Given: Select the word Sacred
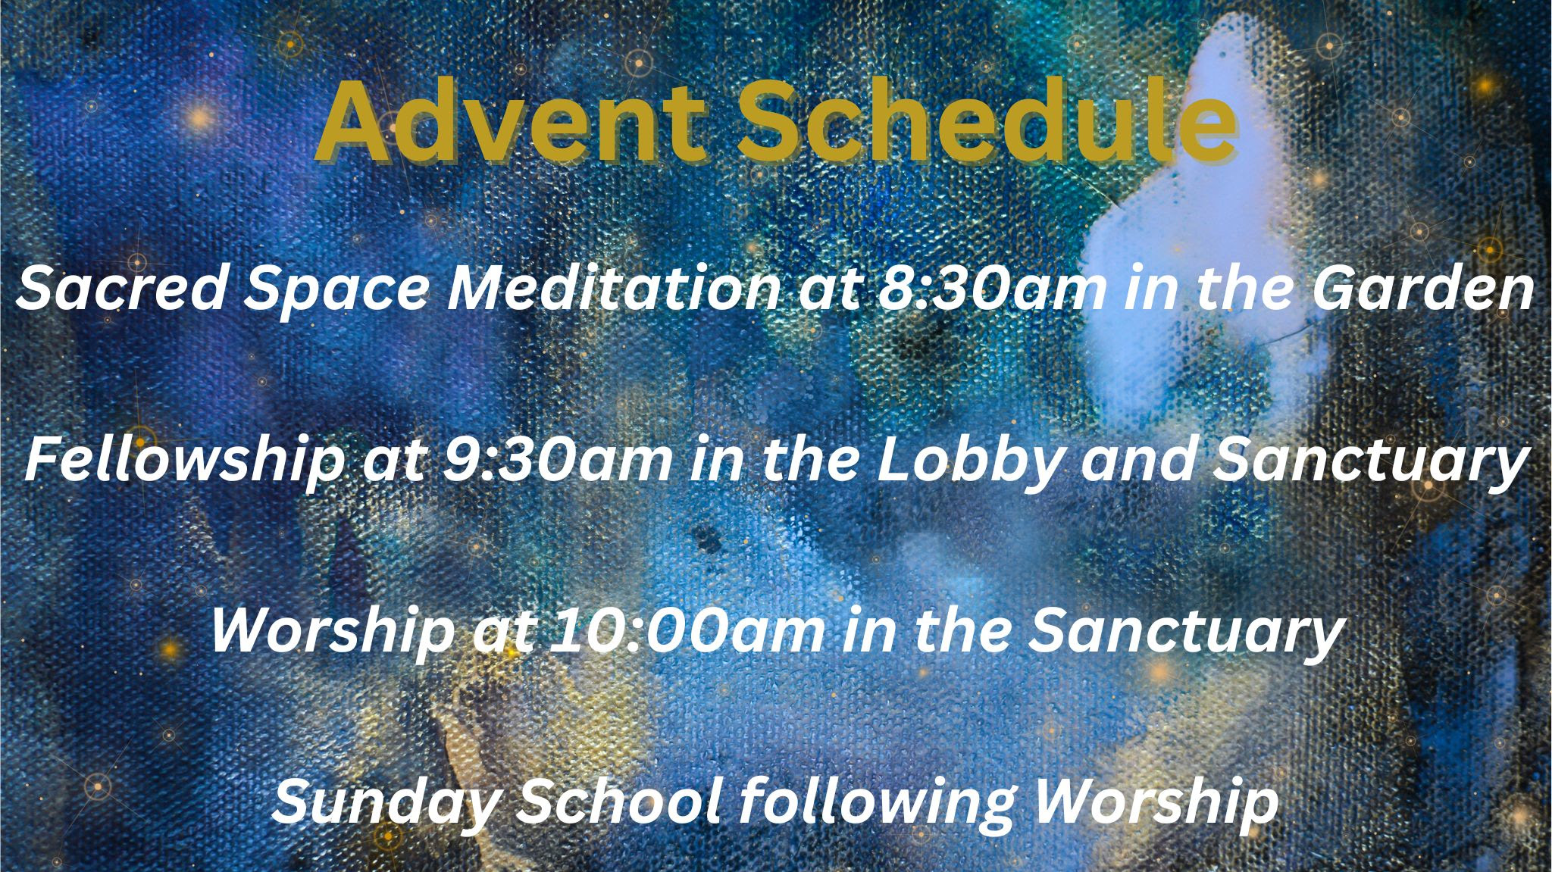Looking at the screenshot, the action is (122, 289).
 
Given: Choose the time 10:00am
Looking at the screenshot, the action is (686, 632).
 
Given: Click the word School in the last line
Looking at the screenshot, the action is (618, 802).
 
